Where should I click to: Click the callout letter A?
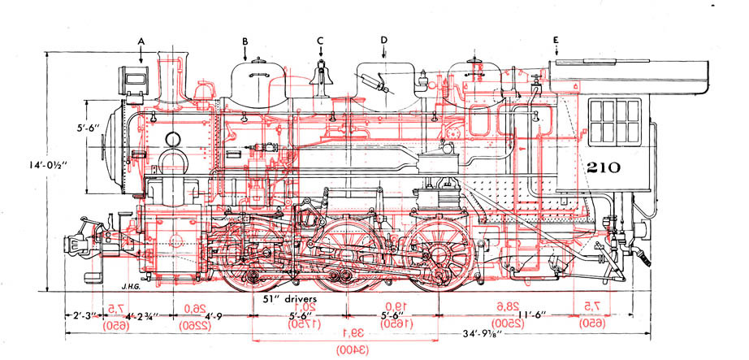tap(141, 40)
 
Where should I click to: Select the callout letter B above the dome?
tap(245, 40)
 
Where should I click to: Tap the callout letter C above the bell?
tap(320, 40)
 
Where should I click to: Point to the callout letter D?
tap(383, 40)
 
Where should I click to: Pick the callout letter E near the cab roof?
tap(556, 40)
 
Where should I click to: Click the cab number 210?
tap(603, 168)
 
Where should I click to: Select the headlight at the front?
tap(134, 78)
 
